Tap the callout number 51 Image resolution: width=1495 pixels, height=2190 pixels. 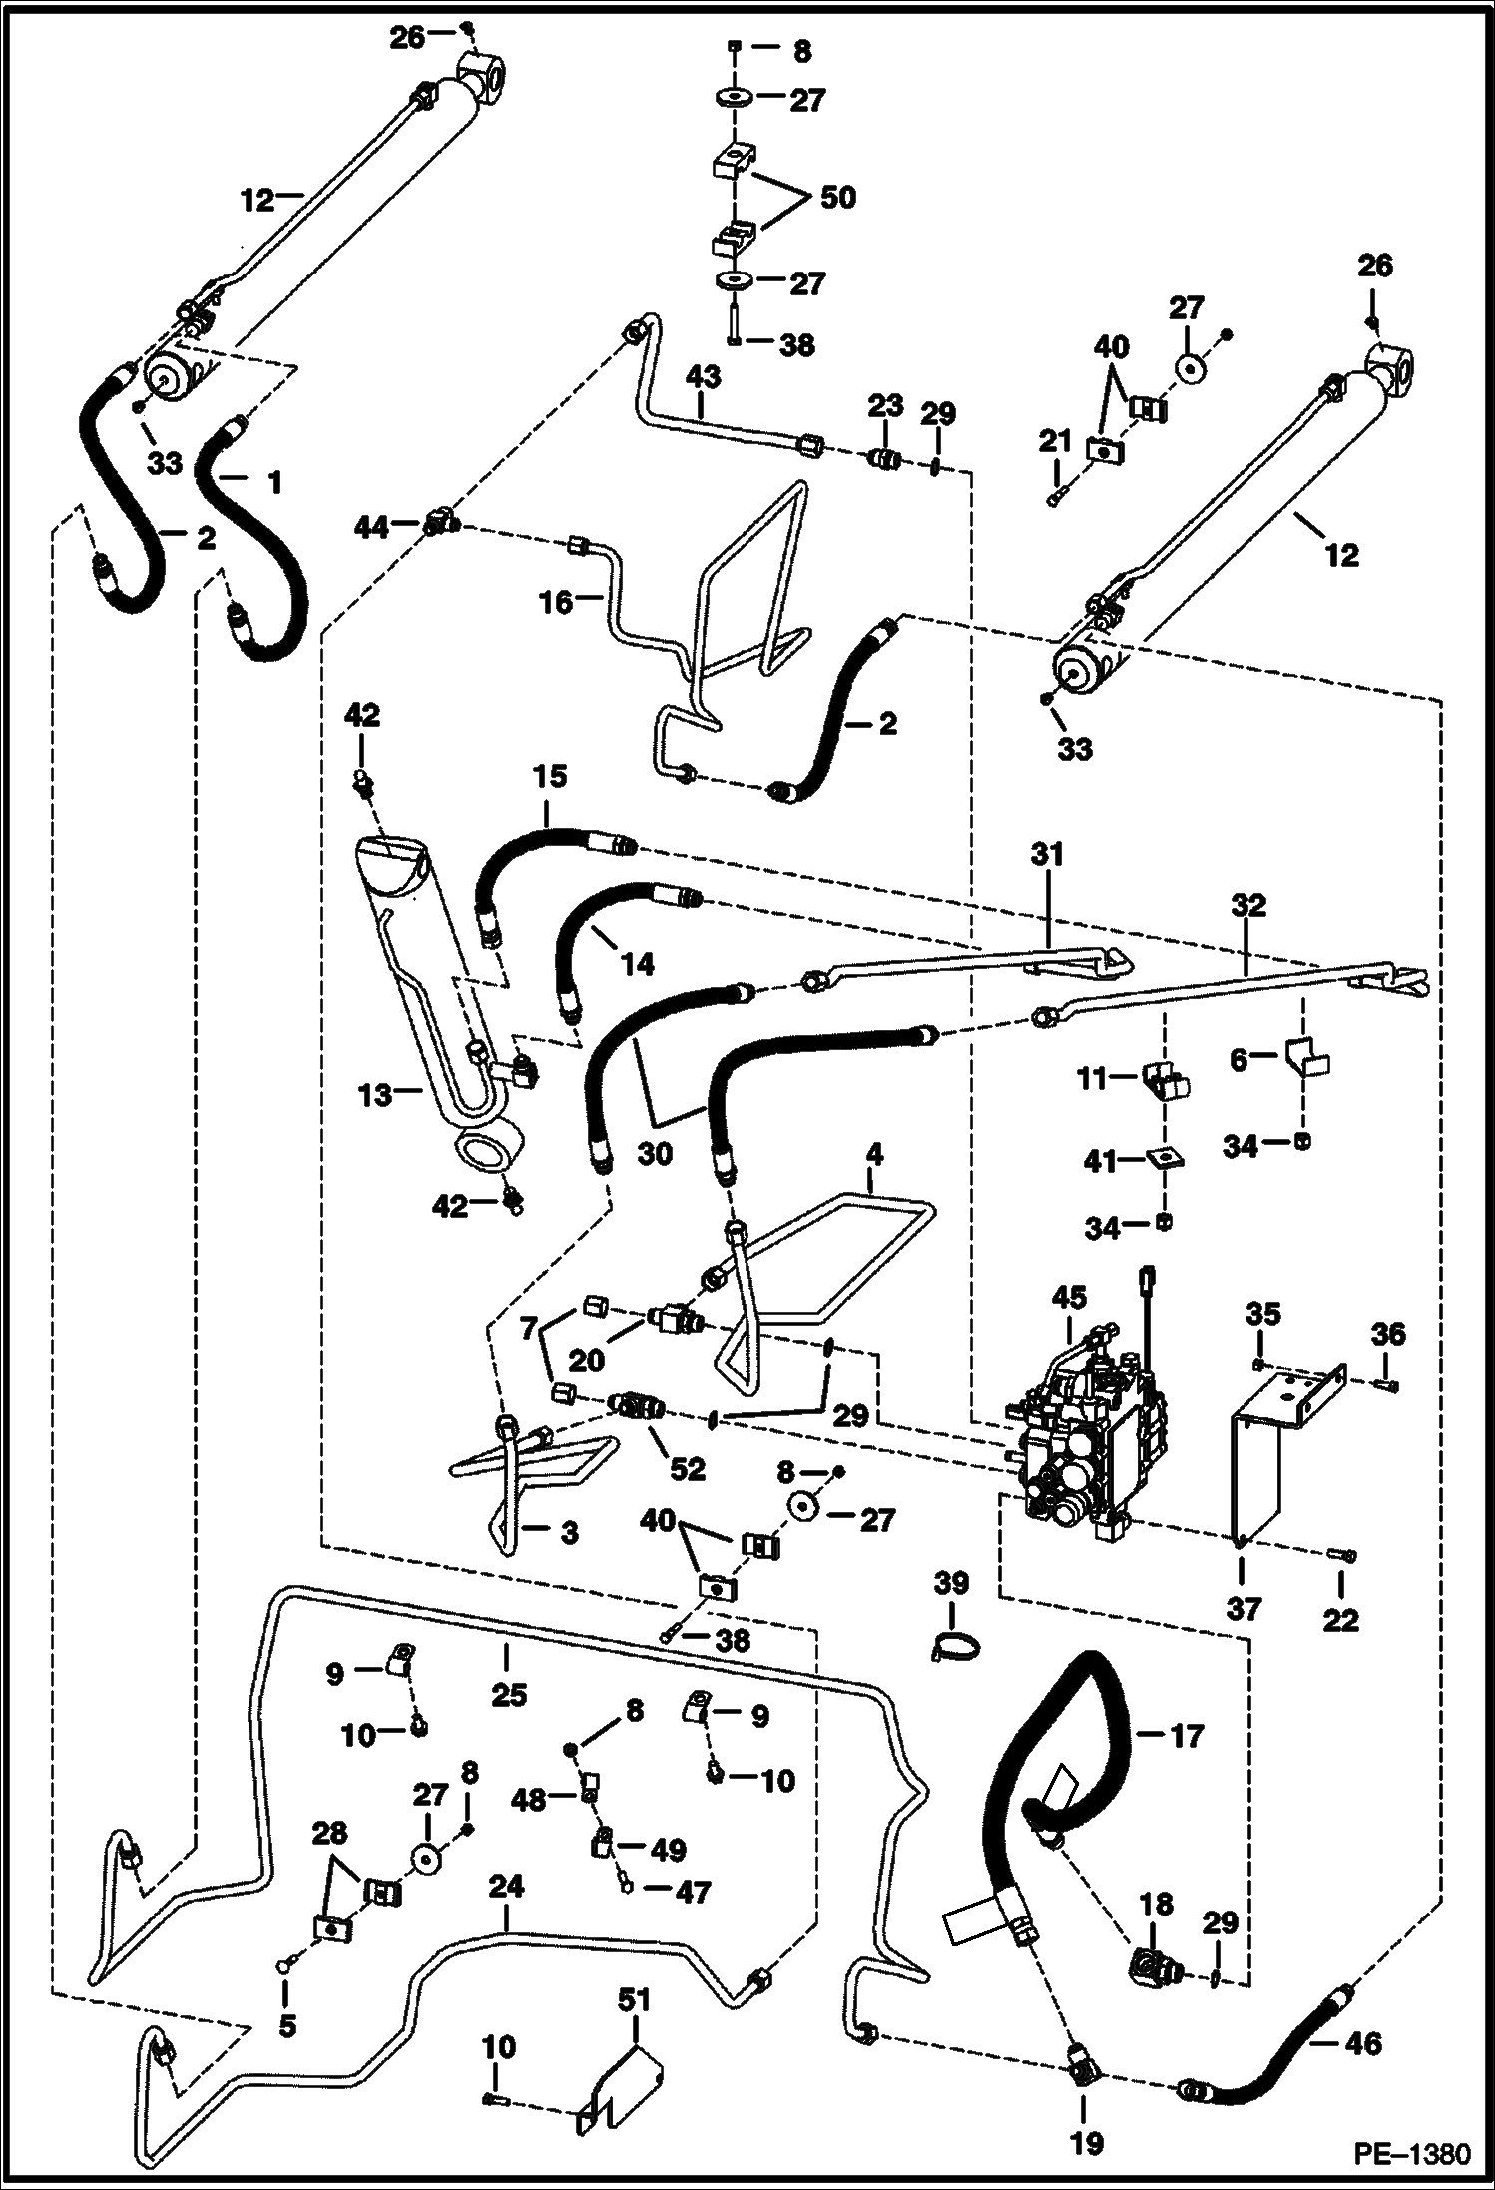coord(634,1999)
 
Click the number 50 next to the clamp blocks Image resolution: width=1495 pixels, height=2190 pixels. coord(837,197)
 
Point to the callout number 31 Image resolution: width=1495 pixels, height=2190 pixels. coord(1048,854)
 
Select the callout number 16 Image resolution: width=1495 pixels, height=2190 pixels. coord(556,601)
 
